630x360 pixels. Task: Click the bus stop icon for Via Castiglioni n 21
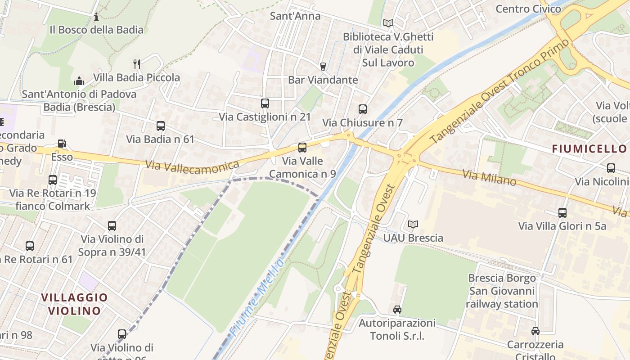click(x=265, y=103)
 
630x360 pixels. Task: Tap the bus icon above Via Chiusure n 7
click(x=362, y=109)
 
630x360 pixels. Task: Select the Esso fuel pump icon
click(x=62, y=144)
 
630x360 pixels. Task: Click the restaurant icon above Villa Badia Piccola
click(x=137, y=64)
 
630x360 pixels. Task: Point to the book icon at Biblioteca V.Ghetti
click(x=388, y=23)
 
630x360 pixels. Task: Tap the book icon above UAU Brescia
click(x=413, y=224)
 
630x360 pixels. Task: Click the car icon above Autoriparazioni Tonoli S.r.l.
click(x=397, y=310)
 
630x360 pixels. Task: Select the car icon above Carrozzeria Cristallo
click(x=535, y=331)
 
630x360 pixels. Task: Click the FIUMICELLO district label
click(x=589, y=149)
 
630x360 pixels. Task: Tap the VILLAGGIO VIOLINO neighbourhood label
click(x=74, y=304)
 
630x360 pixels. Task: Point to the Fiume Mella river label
click(x=256, y=297)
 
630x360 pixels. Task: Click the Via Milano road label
click(x=489, y=178)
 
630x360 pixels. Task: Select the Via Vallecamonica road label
click(x=192, y=166)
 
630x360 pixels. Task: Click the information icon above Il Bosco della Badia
click(x=96, y=17)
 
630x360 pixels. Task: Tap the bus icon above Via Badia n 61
click(x=160, y=126)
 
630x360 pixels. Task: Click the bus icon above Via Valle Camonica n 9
click(x=302, y=148)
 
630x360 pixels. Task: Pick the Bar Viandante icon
click(x=323, y=67)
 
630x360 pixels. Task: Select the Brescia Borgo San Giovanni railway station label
click(x=502, y=291)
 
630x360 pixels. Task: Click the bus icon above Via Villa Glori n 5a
click(x=562, y=213)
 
